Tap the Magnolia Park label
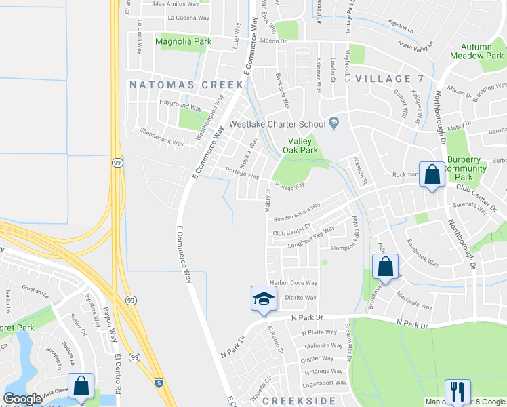[183, 41]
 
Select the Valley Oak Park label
[299, 145]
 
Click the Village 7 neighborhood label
[389, 79]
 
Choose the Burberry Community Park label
[467, 168]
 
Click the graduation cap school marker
[264, 298]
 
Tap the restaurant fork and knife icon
[457, 391]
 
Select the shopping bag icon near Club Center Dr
[432, 175]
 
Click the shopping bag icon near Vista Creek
[81, 386]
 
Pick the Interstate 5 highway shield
[158, 383]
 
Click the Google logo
[22, 399]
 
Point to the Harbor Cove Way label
[293, 283]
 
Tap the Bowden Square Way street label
[297, 212]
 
